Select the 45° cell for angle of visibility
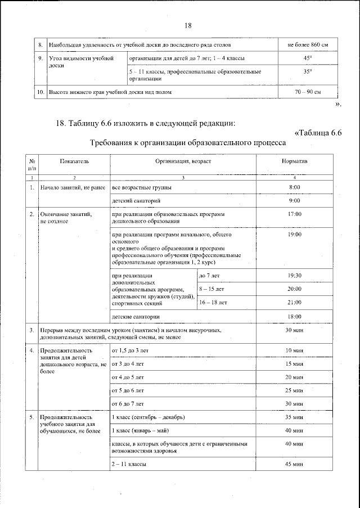307,59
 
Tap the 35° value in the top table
307,72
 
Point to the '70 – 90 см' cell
307,92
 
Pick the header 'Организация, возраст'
183,161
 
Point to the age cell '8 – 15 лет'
211,289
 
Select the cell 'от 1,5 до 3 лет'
130,350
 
